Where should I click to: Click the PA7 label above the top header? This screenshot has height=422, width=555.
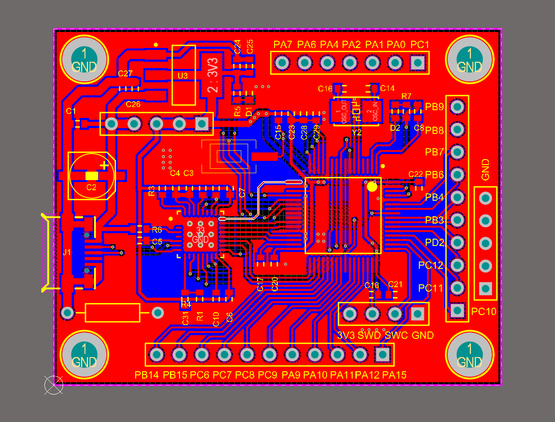tap(283, 45)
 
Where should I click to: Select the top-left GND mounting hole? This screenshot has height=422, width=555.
tap(85, 59)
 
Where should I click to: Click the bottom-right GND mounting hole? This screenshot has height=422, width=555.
tap(470, 356)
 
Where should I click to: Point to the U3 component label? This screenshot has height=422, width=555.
tap(183, 76)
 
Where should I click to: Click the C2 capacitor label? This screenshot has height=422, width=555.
tap(91, 187)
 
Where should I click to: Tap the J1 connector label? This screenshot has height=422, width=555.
tap(67, 252)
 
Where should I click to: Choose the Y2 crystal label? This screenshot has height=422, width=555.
tap(357, 132)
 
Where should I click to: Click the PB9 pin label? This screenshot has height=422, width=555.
tap(434, 107)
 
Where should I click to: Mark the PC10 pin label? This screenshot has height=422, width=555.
tap(484, 312)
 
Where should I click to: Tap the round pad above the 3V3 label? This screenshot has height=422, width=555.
tap(349, 314)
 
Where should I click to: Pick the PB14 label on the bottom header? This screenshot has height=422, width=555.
tap(147, 375)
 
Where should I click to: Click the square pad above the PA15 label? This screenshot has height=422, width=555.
tap(382, 354)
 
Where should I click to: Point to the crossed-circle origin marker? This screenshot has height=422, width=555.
tap(53, 385)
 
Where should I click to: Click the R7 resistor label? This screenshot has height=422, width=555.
tap(406, 96)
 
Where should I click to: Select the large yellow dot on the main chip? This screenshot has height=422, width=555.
tap(372, 186)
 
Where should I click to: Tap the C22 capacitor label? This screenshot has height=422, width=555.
tap(416, 174)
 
